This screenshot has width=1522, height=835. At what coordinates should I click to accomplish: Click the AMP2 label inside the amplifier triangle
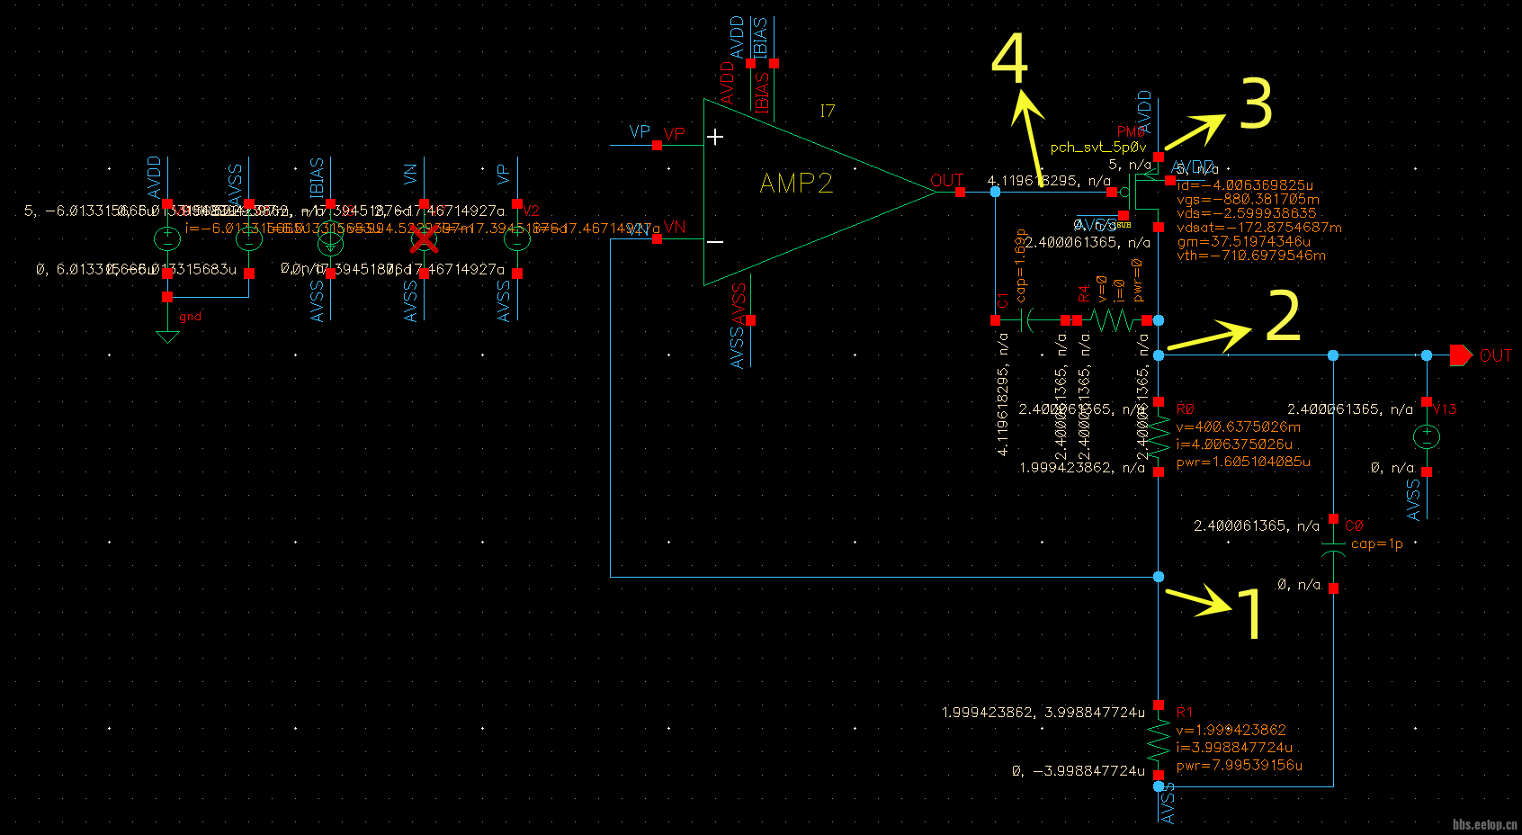(x=796, y=184)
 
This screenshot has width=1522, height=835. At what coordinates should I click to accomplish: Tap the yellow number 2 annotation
(x=1283, y=316)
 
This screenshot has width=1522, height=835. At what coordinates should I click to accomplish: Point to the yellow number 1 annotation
(x=1249, y=614)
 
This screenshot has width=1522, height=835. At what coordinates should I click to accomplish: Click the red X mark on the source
(x=425, y=239)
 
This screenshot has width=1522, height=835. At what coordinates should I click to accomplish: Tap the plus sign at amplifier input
(x=715, y=137)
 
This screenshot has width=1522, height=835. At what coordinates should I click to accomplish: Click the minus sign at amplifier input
(x=715, y=241)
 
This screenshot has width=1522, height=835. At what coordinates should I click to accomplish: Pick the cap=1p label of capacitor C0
(x=1376, y=543)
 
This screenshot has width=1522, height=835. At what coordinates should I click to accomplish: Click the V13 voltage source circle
(x=1427, y=437)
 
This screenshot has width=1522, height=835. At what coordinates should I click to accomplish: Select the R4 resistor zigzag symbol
(x=1112, y=319)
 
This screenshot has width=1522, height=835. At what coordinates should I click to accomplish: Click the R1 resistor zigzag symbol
(x=1159, y=741)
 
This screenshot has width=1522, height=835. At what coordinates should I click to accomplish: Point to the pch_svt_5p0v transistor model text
(x=1097, y=148)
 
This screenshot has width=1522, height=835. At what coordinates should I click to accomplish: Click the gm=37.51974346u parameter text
(x=1243, y=241)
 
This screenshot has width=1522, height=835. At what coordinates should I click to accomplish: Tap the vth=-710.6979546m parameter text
(x=1250, y=256)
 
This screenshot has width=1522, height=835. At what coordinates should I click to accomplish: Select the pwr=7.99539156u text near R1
(x=1239, y=765)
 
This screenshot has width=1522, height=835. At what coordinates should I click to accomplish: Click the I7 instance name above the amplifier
(x=828, y=111)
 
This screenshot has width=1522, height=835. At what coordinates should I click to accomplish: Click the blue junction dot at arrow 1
(x=1159, y=577)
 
